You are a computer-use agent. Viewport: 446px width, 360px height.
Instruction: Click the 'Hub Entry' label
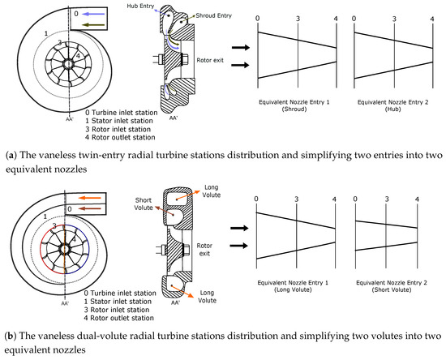coord(140,6)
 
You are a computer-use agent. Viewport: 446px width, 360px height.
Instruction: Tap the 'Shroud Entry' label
coord(213,15)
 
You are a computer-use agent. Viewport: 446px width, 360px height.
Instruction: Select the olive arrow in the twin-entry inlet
coord(93,25)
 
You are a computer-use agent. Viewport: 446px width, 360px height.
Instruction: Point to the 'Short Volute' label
coord(144,204)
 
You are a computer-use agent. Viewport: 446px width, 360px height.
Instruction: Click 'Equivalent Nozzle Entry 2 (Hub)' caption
coord(392,105)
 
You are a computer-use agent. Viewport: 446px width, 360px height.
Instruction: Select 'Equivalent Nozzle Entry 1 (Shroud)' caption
coord(294,105)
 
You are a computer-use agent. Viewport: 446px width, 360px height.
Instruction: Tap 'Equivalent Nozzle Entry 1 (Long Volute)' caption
coord(293,286)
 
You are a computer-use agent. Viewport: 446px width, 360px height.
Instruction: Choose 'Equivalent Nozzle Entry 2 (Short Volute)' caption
coord(392,286)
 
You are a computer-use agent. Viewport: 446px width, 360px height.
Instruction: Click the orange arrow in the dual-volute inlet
coord(90,198)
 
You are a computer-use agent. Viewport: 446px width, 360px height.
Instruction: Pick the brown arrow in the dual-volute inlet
coord(89,209)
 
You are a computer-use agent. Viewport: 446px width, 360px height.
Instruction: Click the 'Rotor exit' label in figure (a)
coord(210,60)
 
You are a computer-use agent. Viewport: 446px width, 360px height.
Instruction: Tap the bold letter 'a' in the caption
coord(11,156)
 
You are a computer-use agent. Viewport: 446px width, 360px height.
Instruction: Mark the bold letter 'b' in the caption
coord(10,336)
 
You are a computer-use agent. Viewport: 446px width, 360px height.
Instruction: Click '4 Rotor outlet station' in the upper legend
coord(120,137)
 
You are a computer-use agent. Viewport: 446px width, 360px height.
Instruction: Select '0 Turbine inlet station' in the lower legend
coord(120,293)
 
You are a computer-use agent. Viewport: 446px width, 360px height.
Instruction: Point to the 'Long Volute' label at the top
coord(211,191)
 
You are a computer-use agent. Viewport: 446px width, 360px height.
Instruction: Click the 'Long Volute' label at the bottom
coord(207,297)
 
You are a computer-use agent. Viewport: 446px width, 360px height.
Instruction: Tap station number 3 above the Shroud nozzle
coord(298,19)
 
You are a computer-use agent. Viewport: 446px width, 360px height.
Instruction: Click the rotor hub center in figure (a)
coord(68,64)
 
